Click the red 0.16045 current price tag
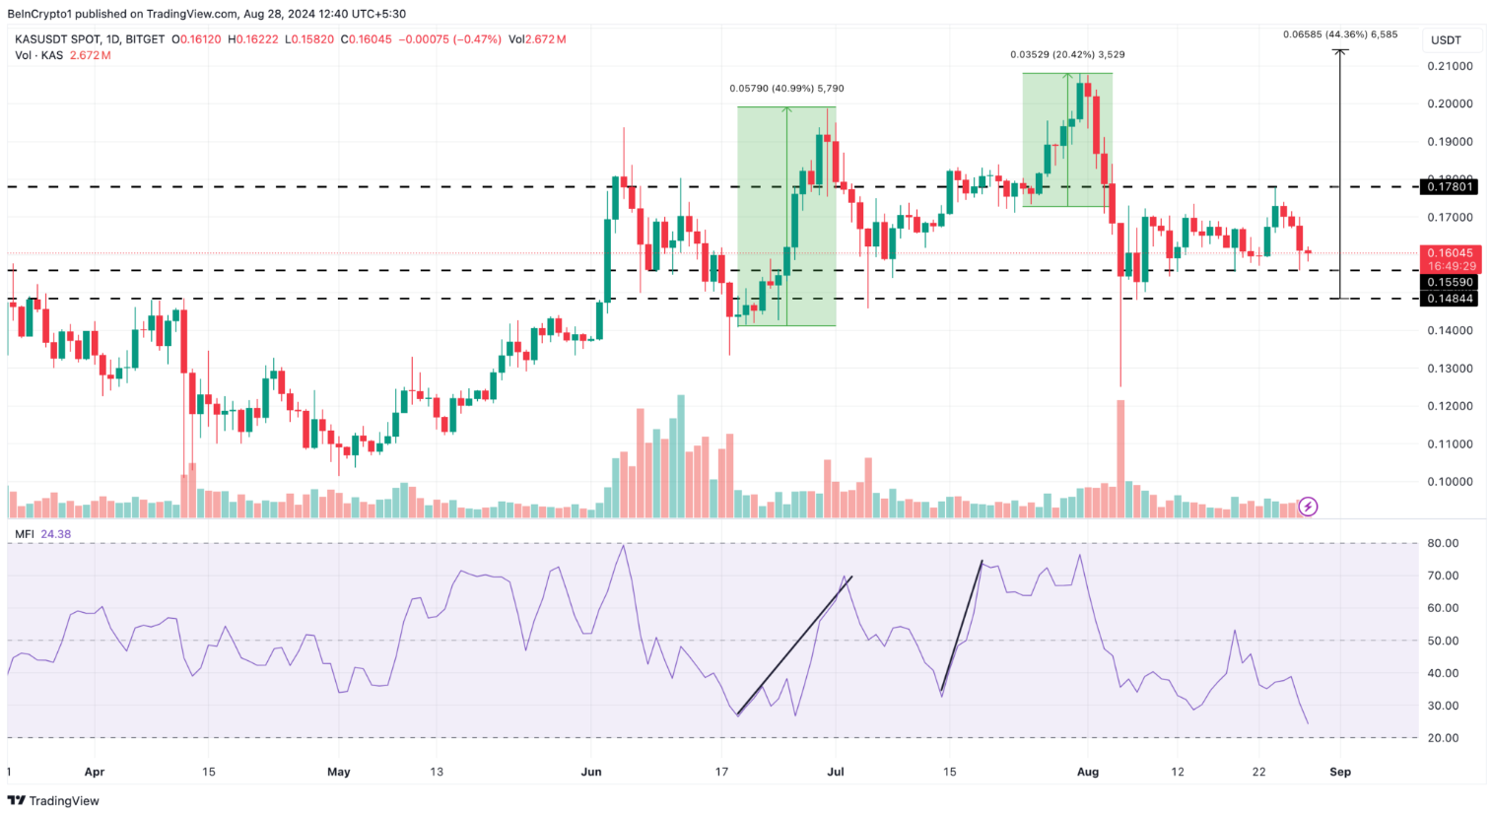pos(1452,253)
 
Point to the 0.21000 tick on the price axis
pos(1451,66)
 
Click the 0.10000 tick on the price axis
pos(1451,482)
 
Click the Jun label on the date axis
pos(591,772)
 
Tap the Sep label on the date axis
pos(1340,772)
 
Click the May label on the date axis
pos(338,772)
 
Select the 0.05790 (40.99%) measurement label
pos(786,89)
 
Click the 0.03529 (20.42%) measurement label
pos(1067,55)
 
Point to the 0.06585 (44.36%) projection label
pos(1340,34)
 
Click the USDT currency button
pos(1446,40)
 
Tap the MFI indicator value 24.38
pos(55,534)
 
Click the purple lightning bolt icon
pos(1308,507)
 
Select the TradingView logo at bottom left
pos(54,801)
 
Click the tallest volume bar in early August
pos(1120,458)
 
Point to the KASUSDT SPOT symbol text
pos(60,39)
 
